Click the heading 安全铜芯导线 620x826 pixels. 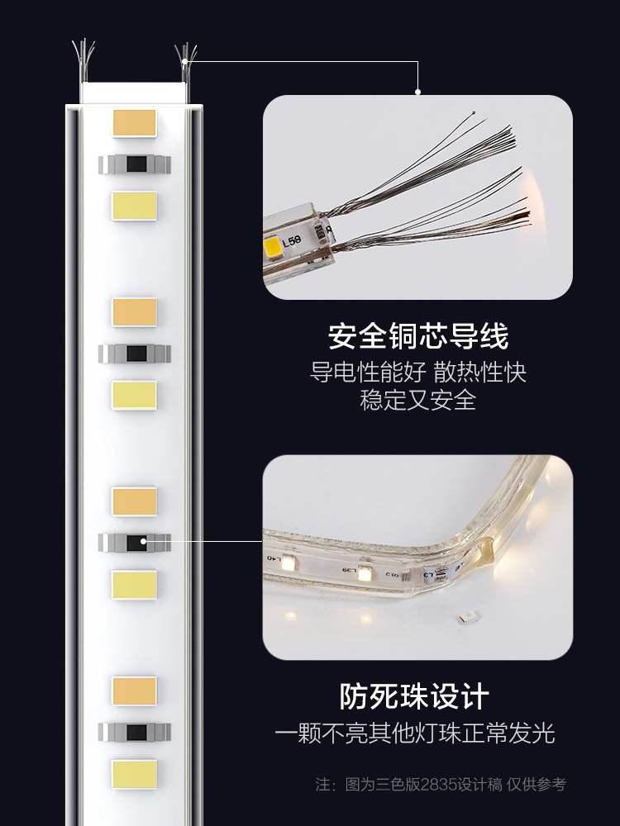[x=417, y=337]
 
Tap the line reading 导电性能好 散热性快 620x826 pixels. [x=417, y=373]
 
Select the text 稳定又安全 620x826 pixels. [x=417, y=401]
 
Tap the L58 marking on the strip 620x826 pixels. [x=292, y=243]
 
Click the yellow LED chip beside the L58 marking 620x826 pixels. [x=270, y=244]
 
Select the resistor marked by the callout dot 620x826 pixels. [x=135, y=542]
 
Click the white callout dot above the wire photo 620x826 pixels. [x=418, y=92]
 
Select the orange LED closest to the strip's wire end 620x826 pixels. [x=134, y=122]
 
